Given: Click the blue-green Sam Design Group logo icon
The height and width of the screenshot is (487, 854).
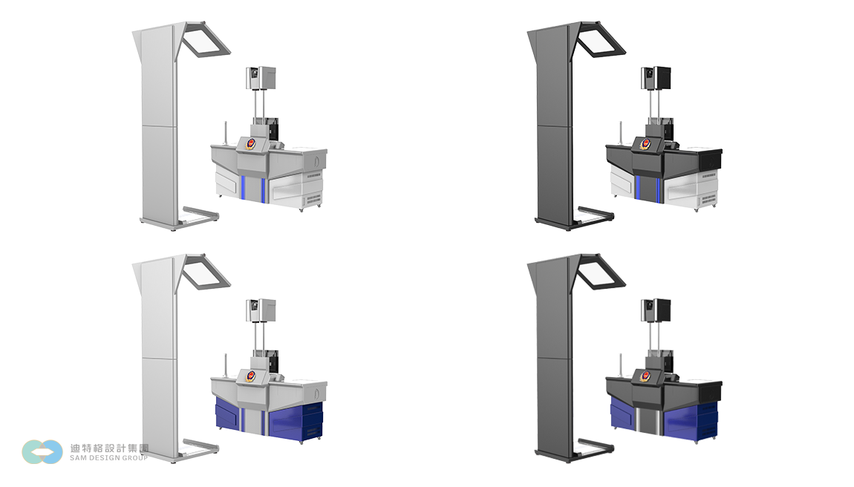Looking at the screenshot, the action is point(42,451).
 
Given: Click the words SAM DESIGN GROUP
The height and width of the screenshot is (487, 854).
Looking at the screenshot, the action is point(109,458).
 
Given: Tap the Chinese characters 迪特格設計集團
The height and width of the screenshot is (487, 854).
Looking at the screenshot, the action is point(109,448).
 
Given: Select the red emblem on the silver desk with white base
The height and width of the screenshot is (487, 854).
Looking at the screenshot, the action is point(251,144).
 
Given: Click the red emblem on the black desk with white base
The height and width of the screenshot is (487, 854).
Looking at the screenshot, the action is point(645,144).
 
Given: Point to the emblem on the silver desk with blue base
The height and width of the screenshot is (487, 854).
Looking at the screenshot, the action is point(251,376).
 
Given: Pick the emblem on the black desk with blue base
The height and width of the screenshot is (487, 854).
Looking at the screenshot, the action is point(645,376).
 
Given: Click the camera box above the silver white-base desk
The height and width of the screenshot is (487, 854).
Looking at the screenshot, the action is point(261,78).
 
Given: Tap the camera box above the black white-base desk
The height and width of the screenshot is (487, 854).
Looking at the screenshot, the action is point(656,78).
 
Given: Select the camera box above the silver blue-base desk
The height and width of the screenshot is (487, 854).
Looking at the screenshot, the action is point(261,310).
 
